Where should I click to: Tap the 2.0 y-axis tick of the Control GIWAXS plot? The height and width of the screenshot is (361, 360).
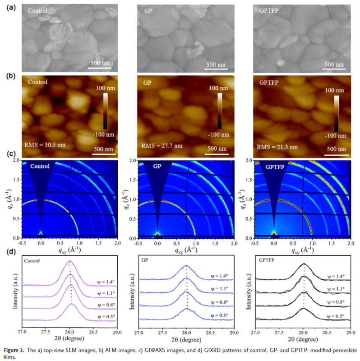(17, 161)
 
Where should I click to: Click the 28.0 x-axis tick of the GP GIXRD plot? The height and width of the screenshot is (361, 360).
(187, 333)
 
